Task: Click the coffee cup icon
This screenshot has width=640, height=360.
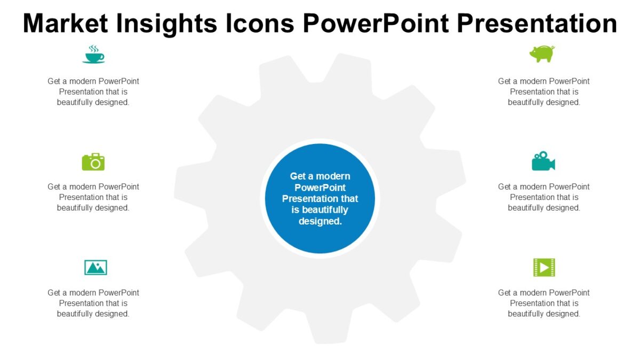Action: click(93, 55)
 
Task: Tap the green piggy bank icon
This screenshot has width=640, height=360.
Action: click(542, 54)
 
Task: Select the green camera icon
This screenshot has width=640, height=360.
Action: click(93, 162)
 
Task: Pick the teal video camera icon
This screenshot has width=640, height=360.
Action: click(543, 162)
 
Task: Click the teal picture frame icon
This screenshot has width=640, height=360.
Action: click(95, 267)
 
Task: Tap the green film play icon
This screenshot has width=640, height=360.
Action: click(544, 267)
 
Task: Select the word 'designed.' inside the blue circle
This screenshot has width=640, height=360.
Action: click(320, 221)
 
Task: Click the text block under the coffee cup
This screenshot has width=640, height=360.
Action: click(93, 92)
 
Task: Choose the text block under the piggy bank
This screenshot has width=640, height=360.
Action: click(544, 92)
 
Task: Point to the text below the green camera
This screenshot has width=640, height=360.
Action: click(93, 197)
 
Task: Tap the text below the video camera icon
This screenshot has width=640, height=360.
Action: click(544, 197)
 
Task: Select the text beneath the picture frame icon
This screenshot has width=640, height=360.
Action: click(93, 303)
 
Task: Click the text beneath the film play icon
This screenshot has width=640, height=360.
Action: click(544, 303)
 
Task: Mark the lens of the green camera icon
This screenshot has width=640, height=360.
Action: click(95, 164)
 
